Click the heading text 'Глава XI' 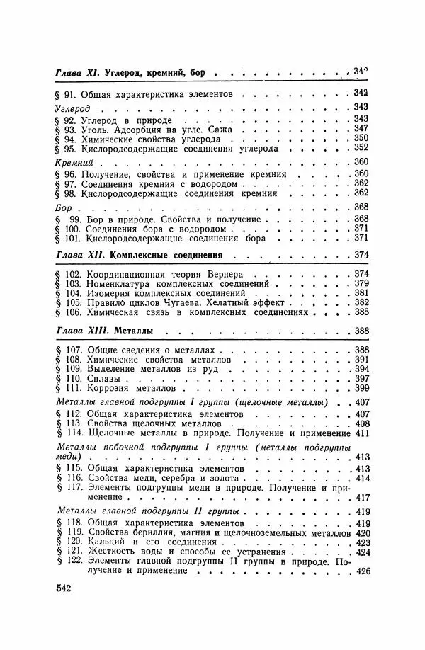77,72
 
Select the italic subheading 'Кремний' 69,162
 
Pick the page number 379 361,284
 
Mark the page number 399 361,389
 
